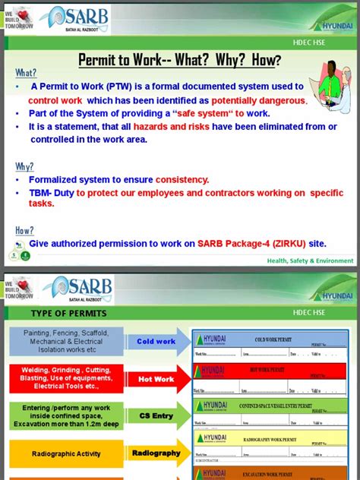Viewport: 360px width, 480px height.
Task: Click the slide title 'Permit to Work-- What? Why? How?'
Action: click(179, 60)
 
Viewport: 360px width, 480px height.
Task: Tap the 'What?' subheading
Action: click(26, 73)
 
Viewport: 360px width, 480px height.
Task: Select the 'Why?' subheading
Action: click(24, 166)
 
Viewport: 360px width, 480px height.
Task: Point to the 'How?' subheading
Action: click(24, 230)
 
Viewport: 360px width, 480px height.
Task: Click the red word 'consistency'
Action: click(182, 180)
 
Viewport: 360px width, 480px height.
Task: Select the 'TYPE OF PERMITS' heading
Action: click(68, 314)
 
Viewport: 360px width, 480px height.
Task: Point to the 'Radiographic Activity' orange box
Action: click(66, 454)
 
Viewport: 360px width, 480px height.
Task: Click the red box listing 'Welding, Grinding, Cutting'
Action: click(66, 379)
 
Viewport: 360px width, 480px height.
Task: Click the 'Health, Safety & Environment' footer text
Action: click(310, 261)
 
